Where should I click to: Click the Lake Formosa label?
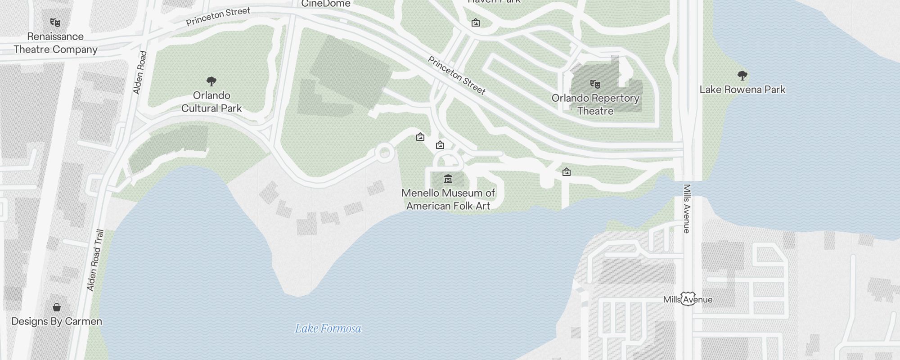328,328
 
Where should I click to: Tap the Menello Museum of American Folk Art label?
448,199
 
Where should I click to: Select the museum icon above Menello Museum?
448,179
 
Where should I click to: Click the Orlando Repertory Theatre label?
595,104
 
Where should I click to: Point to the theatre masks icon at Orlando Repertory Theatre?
595,84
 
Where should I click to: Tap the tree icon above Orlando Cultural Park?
211,81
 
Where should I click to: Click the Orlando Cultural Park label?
211,102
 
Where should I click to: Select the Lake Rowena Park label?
742,90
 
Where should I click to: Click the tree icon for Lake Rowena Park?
742,75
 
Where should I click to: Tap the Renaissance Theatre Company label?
55,43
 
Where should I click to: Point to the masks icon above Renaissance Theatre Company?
55,22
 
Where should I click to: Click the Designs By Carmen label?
57,321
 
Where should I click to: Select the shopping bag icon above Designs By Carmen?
57,307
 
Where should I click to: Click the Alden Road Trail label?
95,260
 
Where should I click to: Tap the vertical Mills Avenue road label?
687,209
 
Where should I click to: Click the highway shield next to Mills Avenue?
688,299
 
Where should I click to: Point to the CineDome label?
325,4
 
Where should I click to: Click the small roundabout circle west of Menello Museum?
384,153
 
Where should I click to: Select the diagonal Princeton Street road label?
456,76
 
